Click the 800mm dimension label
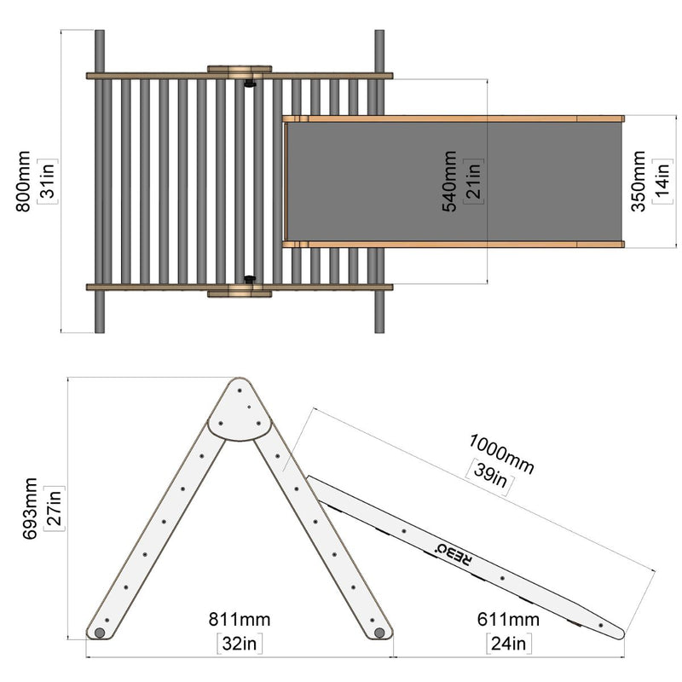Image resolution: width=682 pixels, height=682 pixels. point(23,182)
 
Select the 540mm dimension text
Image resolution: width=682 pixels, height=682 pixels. point(449,182)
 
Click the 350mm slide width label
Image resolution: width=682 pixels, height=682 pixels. point(638,182)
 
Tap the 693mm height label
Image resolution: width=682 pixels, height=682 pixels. point(30,508)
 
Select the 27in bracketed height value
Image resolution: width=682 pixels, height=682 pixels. point(55,508)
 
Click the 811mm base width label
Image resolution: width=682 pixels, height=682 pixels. point(240,620)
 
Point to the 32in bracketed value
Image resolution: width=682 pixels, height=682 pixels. point(240,644)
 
